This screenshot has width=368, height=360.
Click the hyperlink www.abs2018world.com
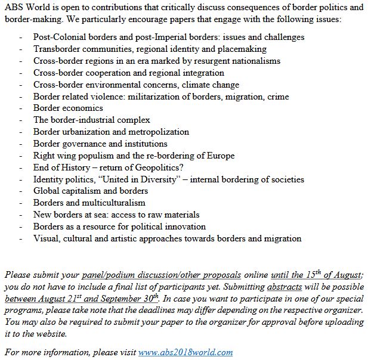pos(185,352)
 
